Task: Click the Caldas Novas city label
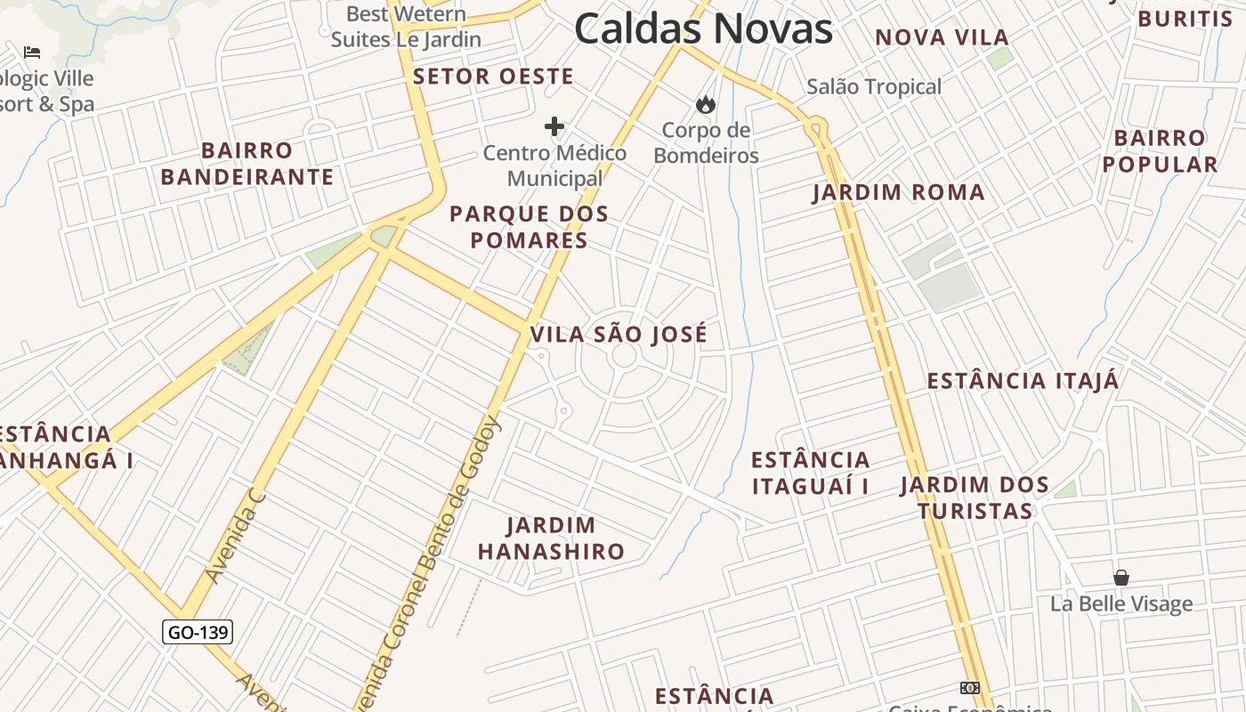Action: pyautogui.click(x=703, y=28)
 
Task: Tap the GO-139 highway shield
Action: pyautogui.click(x=198, y=632)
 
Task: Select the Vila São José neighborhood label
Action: pyautogui.click(x=619, y=335)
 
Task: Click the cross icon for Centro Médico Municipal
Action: pyautogui.click(x=554, y=126)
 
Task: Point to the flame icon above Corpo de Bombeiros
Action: pyautogui.click(x=706, y=105)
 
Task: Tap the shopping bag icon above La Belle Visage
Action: pyautogui.click(x=1121, y=578)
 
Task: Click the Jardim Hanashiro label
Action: pyautogui.click(x=551, y=538)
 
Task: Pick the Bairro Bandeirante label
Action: pyautogui.click(x=247, y=164)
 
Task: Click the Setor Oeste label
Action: pyautogui.click(x=493, y=77)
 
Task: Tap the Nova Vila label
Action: pyautogui.click(x=942, y=37)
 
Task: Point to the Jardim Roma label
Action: pyautogui.click(x=898, y=193)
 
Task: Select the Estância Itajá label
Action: pyautogui.click(x=1023, y=381)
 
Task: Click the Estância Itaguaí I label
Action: pyautogui.click(x=810, y=473)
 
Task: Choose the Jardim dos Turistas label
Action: pyautogui.click(x=975, y=498)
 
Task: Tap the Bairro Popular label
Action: pyautogui.click(x=1160, y=151)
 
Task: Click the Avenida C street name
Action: pyautogui.click(x=236, y=534)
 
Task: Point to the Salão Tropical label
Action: pyautogui.click(x=873, y=87)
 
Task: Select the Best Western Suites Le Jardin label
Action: pyautogui.click(x=406, y=27)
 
